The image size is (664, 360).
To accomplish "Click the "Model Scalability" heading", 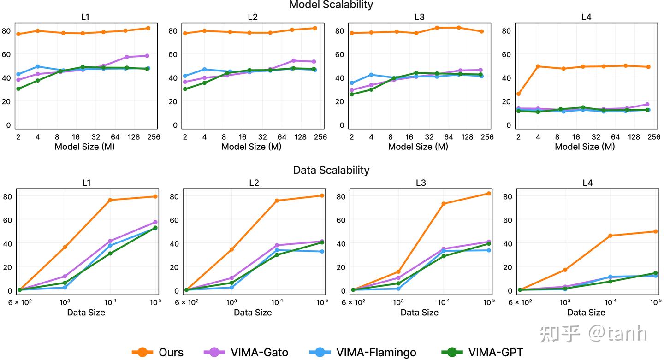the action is (x=331, y=5).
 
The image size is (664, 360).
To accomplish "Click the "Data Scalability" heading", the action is (x=331, y=170).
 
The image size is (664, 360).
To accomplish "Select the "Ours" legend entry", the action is (x=157, y=352).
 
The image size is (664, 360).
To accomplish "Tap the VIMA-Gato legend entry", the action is (x=246, y=352).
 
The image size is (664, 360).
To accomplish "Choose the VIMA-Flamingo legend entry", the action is (x=363, y=352).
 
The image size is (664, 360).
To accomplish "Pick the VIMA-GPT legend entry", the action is (x=482, y=352).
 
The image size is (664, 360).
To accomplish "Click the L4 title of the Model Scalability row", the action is (x=586, y=17).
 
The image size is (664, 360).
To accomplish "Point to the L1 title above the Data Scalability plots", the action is (x=86, y=183).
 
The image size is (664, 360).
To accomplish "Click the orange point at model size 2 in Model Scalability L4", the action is (x=518, y=94).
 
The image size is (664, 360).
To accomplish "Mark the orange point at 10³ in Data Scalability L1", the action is (x=65, y=247).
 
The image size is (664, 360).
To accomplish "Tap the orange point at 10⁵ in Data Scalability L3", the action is (x=489, y=194).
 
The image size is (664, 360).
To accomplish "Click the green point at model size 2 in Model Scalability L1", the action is (x=18, y=89).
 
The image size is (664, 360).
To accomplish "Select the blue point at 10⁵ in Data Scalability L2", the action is (x=322, y=252).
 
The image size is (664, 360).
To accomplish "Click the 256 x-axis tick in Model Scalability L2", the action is (x=320, y=137).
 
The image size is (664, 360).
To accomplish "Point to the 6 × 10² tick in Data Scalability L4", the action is (x=520, y=302).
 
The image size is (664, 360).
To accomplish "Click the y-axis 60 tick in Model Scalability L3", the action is (x=340, y=54).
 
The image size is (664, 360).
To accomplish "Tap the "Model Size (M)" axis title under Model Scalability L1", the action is (x=85, y=147).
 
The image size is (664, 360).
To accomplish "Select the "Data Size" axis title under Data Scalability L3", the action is (x=420, y=313).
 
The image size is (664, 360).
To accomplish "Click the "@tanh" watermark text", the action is (x=617, y=333).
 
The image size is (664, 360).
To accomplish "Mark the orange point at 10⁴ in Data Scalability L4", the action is (x=611, y=236).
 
